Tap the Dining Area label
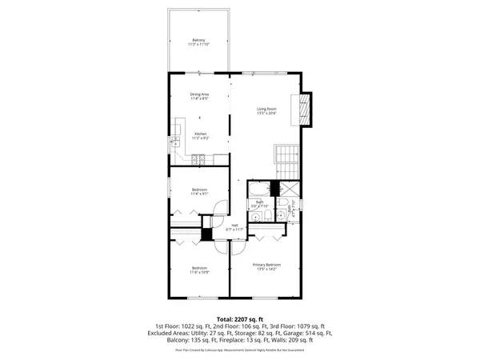[199, 94]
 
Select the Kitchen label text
[199, 134]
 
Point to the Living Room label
[266, 109]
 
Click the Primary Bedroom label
[266, 265]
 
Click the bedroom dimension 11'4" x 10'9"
[199, 271]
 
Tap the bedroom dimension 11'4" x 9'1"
[199, 194]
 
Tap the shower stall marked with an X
[291, 189]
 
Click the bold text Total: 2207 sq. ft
[239, 319]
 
